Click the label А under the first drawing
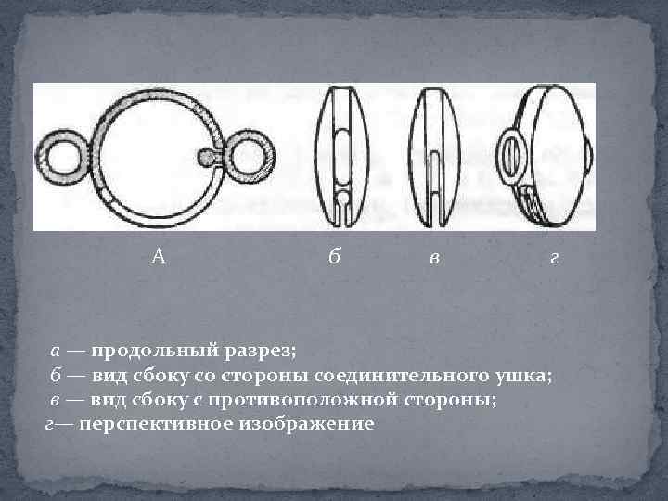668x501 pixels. (158, 257)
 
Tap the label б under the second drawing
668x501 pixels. (334, 256)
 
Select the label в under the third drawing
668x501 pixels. (434, 259)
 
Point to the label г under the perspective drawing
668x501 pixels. (554, 259)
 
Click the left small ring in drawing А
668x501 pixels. (42, 158)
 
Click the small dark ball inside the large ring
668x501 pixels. (206, 157)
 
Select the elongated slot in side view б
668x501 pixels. (341, 157)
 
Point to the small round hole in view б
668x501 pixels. (342, 198)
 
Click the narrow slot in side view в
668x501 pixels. (434, 187)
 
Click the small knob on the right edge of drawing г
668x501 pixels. (589, 157)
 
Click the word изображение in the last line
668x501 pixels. (306, 424)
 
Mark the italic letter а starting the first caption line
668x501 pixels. (55, 351)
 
